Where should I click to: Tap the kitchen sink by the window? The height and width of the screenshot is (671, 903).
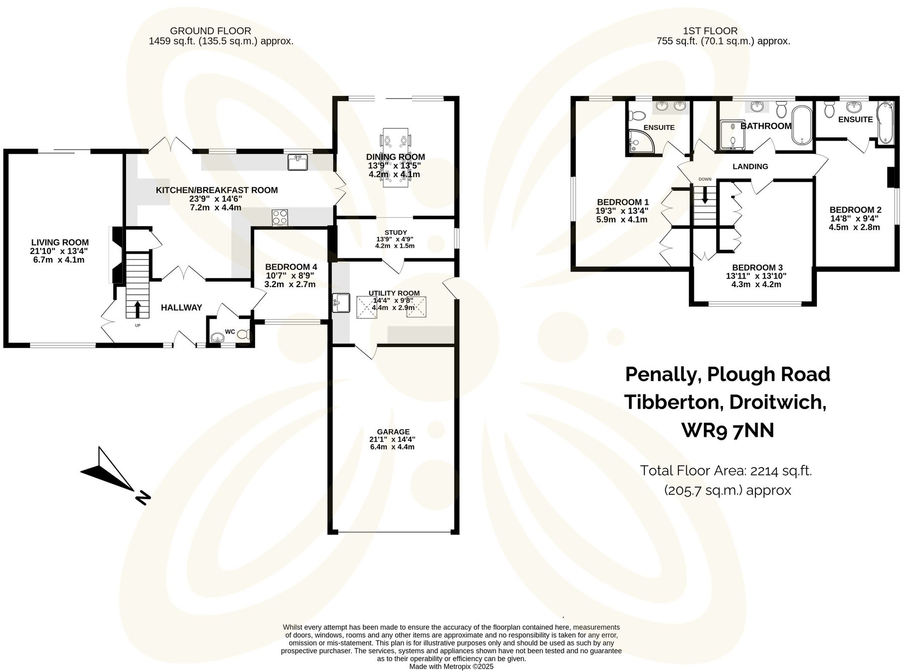298,162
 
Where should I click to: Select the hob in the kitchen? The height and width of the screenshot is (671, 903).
280,217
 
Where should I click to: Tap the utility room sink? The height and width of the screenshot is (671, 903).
341,302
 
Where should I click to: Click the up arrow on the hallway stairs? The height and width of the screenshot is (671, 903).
138,309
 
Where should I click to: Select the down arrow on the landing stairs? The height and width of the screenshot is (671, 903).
705,194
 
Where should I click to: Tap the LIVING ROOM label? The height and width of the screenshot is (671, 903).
60,242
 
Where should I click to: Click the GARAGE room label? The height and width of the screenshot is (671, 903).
393,432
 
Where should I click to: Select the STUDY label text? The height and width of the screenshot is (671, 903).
395,232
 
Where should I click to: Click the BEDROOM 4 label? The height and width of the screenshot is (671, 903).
291,266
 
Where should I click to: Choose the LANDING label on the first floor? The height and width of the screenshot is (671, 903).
750,166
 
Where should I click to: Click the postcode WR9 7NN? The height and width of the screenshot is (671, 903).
728,430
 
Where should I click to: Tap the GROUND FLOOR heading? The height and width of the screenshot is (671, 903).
210,31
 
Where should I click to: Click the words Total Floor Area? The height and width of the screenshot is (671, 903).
693,471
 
